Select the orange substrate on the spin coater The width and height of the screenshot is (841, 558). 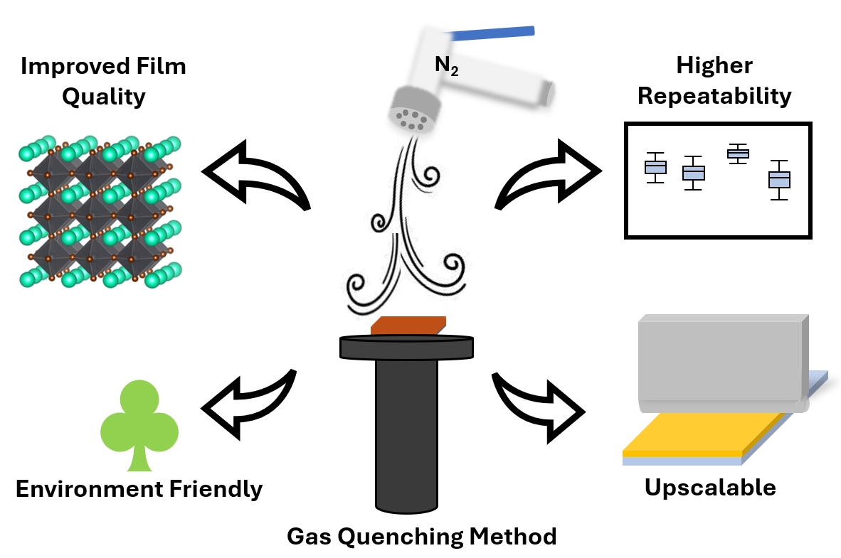[408, 326]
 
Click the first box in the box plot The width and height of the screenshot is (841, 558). [655, 167]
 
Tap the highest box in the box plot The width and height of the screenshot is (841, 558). [738, 154]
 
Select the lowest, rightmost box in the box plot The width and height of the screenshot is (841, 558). [780, 180]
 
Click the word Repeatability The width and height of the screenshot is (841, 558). [714, 95]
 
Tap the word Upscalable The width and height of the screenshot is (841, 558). [710, 488]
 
